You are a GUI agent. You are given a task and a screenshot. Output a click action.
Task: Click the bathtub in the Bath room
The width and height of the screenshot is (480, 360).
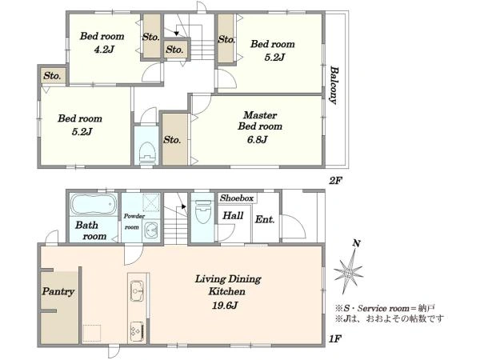[94, 204]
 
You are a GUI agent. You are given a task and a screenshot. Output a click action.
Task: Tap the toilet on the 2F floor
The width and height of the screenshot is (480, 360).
[147, 153]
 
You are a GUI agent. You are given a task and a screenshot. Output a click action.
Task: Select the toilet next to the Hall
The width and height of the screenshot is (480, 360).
[203, 212]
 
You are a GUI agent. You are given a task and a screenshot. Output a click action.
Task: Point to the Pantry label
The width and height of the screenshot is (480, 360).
[58, 291]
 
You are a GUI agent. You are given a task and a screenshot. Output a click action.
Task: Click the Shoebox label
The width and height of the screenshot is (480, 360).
[237, 198]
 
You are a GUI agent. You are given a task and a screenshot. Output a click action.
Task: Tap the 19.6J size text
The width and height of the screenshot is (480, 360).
[225, 306]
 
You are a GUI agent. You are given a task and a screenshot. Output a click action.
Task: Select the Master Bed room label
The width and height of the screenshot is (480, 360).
[260, 121]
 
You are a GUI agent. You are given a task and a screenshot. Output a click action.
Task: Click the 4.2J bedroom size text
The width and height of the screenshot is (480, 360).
[104, 50]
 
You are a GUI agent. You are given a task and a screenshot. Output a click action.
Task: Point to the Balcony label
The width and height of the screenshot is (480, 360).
[334, 85]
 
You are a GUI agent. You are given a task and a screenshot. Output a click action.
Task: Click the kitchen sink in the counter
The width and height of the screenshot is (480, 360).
[137, 290]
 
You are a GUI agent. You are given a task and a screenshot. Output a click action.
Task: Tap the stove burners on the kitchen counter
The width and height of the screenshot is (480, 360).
[137, 331]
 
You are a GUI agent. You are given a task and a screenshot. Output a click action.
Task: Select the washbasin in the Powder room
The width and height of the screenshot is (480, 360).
[151, 230]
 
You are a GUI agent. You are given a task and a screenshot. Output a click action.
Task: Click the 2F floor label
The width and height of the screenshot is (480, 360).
[334, 181]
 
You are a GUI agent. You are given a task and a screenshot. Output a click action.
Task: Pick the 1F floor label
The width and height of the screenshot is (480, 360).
[334, 339]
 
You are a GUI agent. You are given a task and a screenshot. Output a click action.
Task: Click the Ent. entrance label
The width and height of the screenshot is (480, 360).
[265, 219]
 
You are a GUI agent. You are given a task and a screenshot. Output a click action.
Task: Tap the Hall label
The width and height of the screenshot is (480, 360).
[233, 216]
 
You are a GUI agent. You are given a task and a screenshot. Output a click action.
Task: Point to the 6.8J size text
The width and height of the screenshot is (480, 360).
[257, 140]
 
